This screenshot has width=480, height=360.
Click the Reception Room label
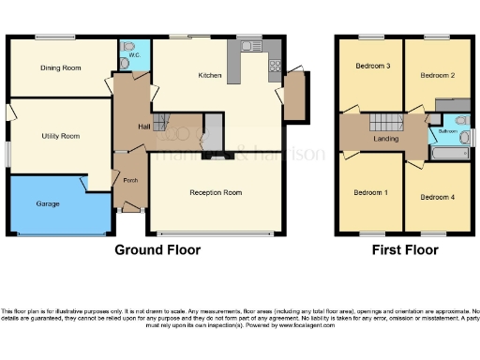pos(216,192)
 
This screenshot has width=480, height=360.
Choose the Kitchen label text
pos(208,75)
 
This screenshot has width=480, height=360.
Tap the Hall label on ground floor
pos(144,126)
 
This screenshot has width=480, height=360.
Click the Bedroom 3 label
pos(372,67)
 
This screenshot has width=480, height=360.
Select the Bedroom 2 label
pos(437,74)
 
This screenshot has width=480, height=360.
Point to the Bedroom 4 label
pos(436,197)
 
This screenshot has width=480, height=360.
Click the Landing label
pos(385,139)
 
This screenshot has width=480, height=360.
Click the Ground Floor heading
pos(157,250)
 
